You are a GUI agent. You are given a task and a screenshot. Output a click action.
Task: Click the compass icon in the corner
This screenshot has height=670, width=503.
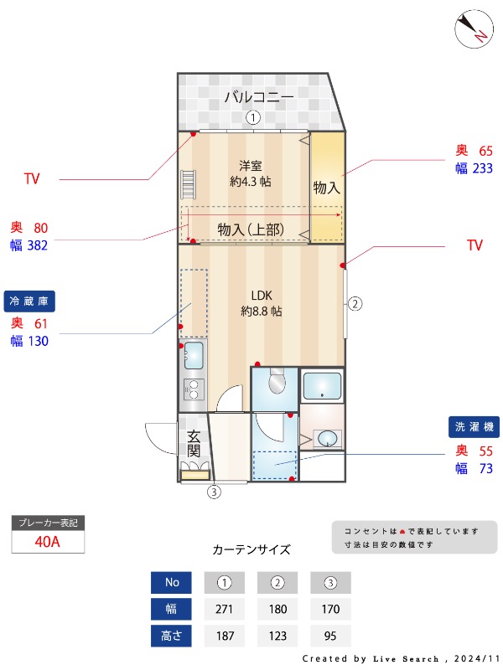(x=472, y=28)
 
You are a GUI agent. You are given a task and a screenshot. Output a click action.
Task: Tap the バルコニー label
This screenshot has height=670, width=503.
(x=259, y=98)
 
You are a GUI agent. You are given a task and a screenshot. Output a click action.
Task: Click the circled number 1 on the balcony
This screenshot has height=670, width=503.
(x=253, y=118)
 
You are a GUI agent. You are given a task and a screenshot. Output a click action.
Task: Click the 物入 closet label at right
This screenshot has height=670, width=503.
(x=326, y=188)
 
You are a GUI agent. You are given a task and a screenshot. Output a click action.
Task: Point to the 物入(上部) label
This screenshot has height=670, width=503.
(x=250, y=229)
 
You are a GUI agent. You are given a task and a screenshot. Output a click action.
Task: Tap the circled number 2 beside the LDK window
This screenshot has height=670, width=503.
(x=355, y=303)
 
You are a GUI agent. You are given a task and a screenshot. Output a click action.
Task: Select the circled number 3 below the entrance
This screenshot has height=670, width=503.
(x=215, y=492)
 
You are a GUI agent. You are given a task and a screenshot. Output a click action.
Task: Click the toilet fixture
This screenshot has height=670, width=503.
(x=274, y=384)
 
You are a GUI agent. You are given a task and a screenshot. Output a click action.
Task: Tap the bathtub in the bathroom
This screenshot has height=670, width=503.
(x=322, y=386)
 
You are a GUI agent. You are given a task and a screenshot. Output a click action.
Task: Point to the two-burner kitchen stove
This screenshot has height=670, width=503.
(x=194, y=389)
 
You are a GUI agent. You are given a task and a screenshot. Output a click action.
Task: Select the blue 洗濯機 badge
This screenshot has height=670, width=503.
(x=474, y=426)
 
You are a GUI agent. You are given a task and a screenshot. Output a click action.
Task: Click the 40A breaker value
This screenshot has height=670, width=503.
(x=48, y=542)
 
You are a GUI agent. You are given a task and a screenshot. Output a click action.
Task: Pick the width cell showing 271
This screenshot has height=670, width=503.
(x=224, y=609)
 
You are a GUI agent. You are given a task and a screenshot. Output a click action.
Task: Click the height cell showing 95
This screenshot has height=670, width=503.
(x=330, y=636)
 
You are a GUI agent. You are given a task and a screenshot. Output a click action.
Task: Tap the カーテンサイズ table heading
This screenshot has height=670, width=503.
(x=251, y=550)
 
